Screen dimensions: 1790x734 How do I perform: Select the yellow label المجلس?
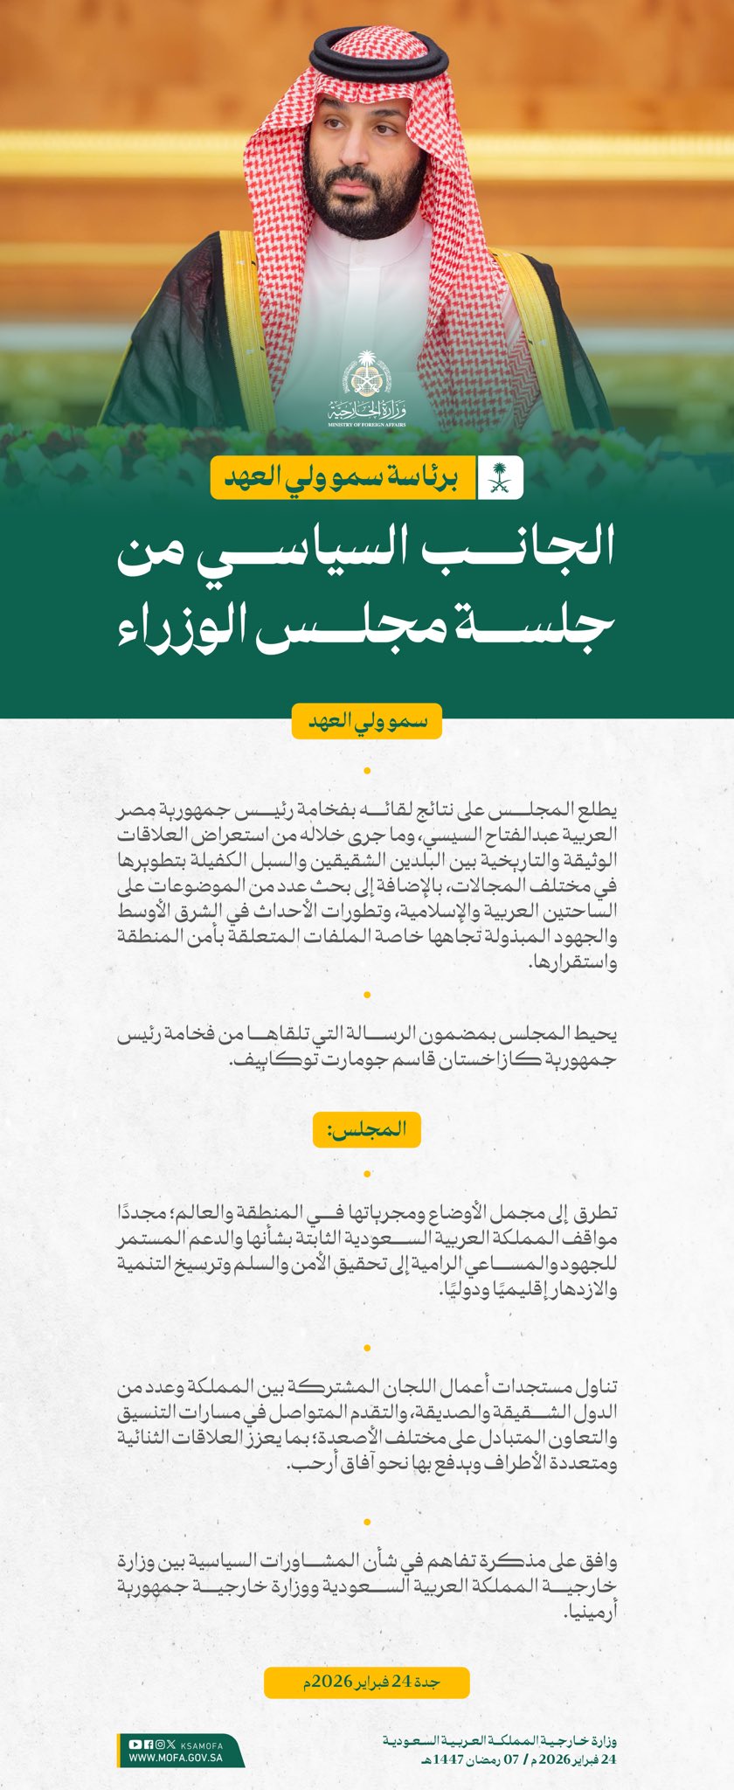(367, 1128)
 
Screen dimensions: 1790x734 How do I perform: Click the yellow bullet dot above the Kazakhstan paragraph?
(367, 996)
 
